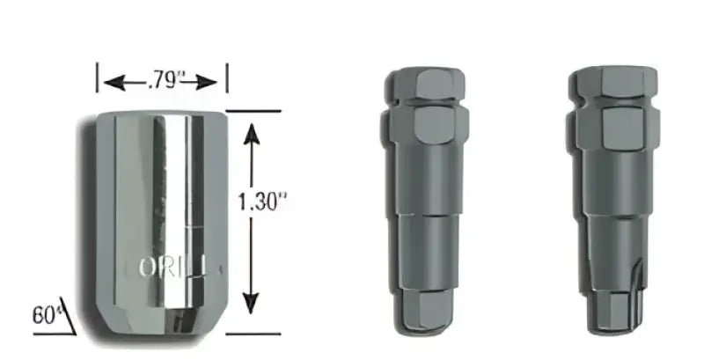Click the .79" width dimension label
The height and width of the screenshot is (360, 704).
(x=161, y=83)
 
